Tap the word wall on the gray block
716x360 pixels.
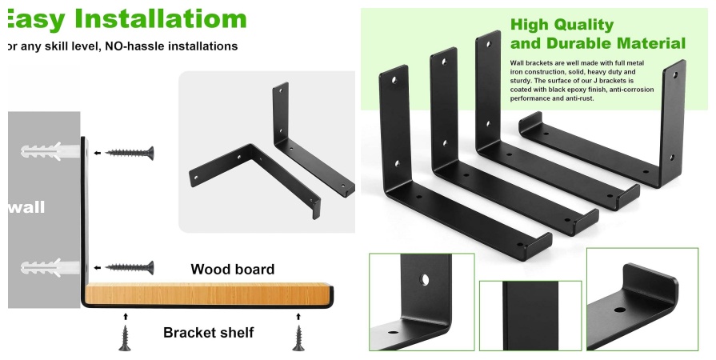pos(26,207)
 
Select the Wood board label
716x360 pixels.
pos(233,269)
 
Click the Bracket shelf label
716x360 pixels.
pos(208,332)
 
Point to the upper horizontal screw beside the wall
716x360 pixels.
pos(130,153)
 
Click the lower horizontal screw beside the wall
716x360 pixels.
pos(130,268)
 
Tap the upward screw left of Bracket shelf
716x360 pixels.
pos(125,338)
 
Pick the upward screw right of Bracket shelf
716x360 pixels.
pos(298,338)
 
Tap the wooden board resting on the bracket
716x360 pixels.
pos(208,294)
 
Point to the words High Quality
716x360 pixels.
pos(562,24)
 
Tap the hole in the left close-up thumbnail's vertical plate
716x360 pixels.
pos(425,279)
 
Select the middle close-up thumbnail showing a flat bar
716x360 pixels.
pos(530,316)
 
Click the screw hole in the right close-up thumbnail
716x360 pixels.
pos(620,310)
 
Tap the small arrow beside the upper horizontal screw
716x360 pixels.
pos(98,153)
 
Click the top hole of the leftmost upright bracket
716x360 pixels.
pos(394,81)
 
